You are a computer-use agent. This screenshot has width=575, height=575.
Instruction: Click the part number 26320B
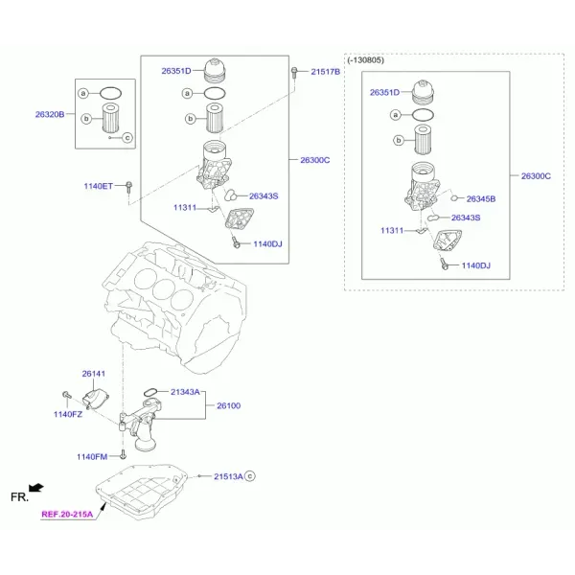tap(50, 114)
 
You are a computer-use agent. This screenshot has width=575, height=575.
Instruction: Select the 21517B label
tap(325, 72)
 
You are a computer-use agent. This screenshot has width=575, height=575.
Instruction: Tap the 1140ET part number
tap(99, 186)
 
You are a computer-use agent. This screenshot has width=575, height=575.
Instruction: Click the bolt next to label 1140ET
tap(128, 187)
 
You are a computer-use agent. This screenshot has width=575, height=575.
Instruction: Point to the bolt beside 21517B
tap(294, 72)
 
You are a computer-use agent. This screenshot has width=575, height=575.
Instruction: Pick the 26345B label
tap(481, 199)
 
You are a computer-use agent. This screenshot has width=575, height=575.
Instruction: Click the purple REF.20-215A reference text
tap(67, 514)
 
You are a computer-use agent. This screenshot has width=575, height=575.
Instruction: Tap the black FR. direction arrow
tap(36, 488)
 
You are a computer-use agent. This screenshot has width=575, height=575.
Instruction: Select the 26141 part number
tap(94, 374)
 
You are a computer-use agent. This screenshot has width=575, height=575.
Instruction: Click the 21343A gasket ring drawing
tap(150, 392)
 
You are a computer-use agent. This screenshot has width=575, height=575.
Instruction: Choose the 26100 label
tap(228, 406)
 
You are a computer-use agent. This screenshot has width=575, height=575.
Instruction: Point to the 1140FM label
tap(92, 457)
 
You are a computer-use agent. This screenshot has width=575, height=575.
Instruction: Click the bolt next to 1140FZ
tap(67, 395)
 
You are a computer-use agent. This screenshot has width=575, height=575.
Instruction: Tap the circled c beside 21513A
tap(250, 476)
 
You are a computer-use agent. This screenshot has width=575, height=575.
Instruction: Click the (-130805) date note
tap(366, 60)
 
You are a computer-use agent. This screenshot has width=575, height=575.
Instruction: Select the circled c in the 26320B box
tap(127, 138)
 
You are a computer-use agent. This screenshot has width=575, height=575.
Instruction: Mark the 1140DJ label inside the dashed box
tap(475, 265)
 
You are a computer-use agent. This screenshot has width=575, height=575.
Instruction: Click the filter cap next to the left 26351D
tap(215, 70)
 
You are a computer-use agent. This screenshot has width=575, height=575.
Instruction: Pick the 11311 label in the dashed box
tap(392, 231)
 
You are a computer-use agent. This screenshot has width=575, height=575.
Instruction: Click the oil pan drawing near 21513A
tap(142, 493)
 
